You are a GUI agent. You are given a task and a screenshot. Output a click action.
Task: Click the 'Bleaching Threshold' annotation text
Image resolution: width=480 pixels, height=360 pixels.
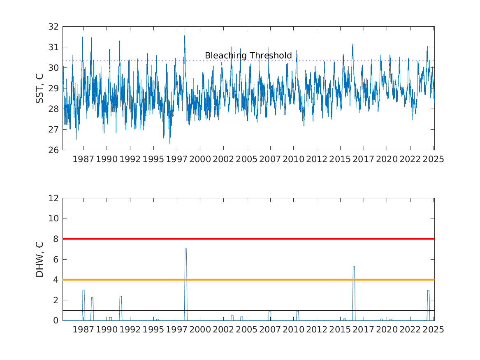click(x=248, y=56)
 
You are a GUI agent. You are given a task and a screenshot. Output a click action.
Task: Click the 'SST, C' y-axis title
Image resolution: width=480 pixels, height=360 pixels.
click(x=39, y=88)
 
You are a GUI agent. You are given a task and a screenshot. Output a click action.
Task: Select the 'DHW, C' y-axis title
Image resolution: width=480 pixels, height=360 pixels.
click(x=39, y=260)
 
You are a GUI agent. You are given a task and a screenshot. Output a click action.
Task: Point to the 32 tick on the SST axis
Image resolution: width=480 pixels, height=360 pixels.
click(x=53, y=27)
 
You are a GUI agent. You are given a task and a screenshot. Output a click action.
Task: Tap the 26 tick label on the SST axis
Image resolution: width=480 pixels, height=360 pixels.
click(x=53, y=150)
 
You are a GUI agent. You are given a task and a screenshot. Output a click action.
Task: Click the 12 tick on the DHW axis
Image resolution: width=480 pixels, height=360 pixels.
click(x=53, y=198)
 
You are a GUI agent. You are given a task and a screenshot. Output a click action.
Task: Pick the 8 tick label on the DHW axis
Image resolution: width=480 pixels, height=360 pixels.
click(x=56, y=239)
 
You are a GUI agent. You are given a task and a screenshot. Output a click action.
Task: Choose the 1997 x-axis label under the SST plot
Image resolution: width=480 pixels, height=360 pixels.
click(x=176, y=159)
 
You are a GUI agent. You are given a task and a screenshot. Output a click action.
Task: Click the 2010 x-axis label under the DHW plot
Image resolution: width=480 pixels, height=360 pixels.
click(x=293, y=330)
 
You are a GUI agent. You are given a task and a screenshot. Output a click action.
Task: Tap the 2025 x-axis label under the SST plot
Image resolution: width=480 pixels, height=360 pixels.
click(x=433, y=159)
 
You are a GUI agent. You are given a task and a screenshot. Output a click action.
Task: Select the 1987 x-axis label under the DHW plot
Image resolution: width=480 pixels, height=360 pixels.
click(x=83, y=330)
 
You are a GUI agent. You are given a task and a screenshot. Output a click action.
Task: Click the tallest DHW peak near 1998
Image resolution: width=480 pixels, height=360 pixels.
click(x=186, y=249)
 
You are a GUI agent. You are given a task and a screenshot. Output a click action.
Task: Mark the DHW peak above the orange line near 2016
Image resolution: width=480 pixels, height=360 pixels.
click(x=354, y=266)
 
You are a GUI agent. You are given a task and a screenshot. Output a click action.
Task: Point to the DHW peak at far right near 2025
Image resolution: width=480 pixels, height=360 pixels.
click(x=428, y=290)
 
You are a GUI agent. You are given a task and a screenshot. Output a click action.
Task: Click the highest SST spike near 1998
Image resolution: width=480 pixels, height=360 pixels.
click(x=185, y=29)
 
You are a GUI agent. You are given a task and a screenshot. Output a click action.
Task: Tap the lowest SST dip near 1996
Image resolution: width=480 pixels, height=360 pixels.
click(x=170, y=143)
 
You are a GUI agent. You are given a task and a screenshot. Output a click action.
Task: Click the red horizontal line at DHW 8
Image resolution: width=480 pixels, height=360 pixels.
click(x=248, y=239)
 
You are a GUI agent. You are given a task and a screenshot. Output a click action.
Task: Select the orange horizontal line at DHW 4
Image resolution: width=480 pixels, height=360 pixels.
click(x=248, y=280)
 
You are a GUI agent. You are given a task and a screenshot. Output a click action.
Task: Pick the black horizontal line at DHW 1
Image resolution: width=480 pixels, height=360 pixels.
click(x=248, y=310)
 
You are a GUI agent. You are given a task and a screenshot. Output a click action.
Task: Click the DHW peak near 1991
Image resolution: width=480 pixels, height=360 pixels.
click(x=121, y=296)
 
